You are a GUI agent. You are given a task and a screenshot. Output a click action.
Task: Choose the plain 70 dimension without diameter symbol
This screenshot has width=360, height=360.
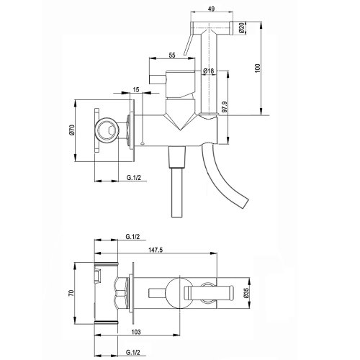pyautogui.click(x=72, y=293)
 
